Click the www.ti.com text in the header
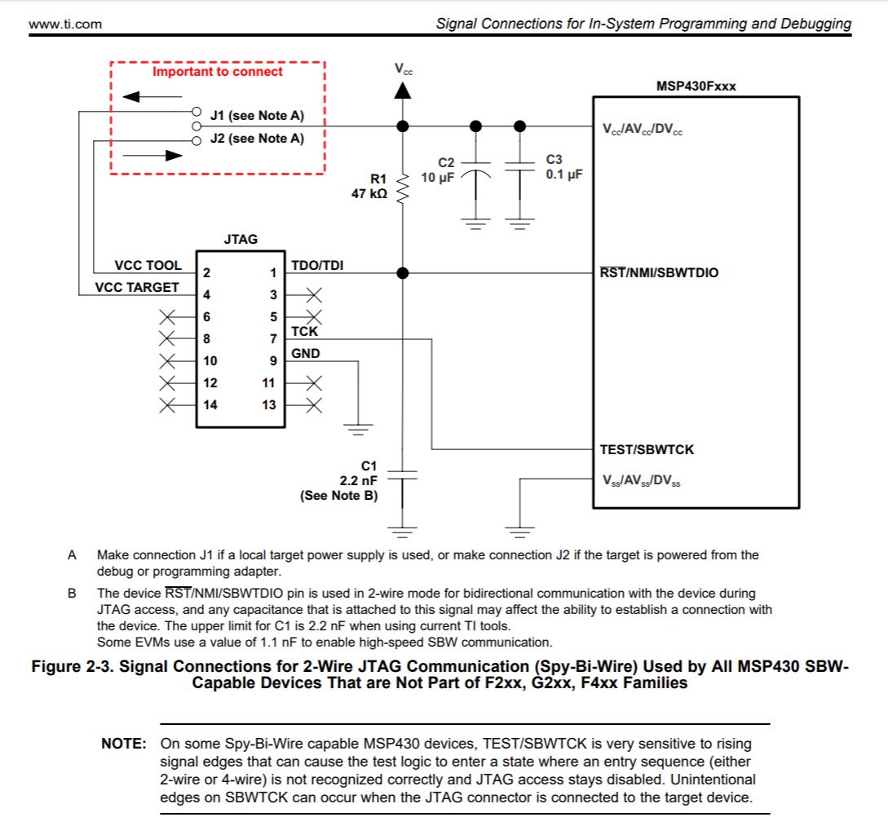point(65,24)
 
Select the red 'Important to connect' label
point(217,72)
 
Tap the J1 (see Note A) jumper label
point(257,115)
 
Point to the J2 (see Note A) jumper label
point(257,139)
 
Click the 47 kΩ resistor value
point(369,195)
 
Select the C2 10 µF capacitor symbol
point(476,174)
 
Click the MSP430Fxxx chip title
point(696,86)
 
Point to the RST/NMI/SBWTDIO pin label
point(660,272)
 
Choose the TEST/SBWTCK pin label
point(647,449)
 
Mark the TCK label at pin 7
point(305,332)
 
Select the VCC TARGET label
point(136,287)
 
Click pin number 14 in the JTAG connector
point(210,404)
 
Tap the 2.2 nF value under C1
point(359,480)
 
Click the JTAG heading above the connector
point(240,239)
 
